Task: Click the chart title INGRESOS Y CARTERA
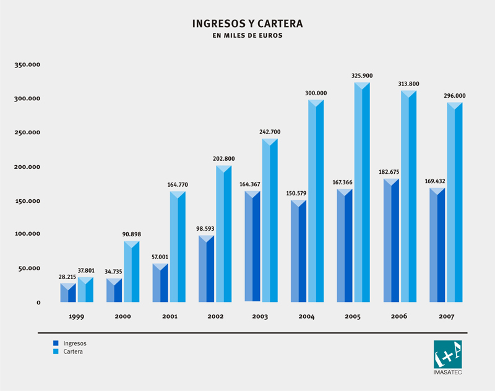tap(247, 24)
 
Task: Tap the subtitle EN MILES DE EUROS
tap(247, 36)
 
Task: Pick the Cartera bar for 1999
tap(85, 290)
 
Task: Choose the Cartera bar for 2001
tap(178, 247)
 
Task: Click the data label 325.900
tap(362, 76)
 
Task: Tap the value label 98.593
tap(206, 230)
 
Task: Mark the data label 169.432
tap(437, 182)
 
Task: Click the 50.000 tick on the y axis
tap(30, 269)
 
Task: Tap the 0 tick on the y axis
tap(38, 303)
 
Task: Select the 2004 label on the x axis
tap(306, 317)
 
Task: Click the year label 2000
tap(123, 317)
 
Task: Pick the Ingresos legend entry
tap(70, 343)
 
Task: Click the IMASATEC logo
tap(448, 358)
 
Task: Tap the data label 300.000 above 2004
tap(316, 93)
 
